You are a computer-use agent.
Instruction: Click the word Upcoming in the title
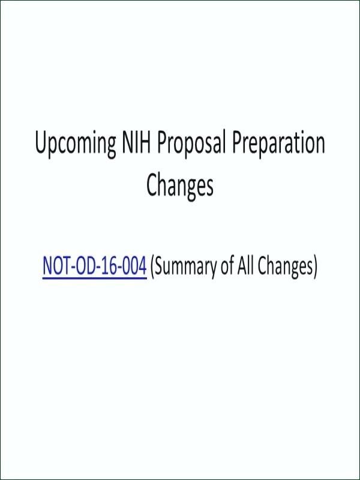[76, 144]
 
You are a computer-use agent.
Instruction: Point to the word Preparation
[278, 144]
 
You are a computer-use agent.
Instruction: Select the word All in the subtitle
[246, 265]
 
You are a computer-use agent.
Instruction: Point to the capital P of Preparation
[236, 143]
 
